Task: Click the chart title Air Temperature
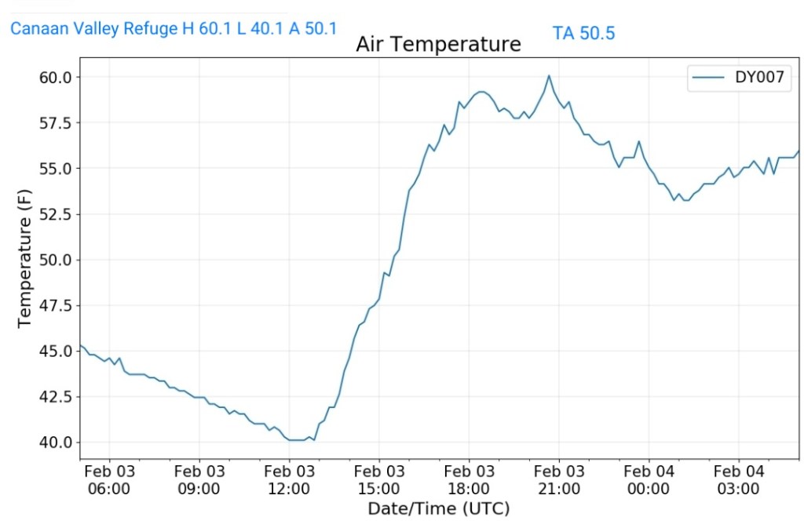(x=438, y=44)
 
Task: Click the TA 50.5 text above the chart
(x=583, y=33)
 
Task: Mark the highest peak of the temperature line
(x=549, y=76)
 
